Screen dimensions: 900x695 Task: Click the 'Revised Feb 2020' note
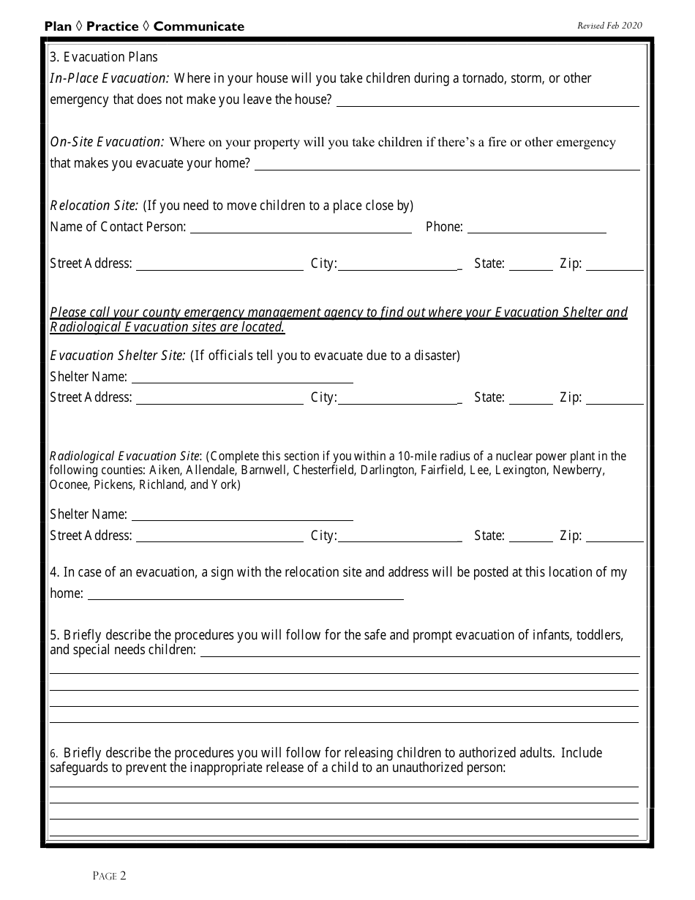click(x=609, y=26)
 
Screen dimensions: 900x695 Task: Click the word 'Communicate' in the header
click(x=198, y=26)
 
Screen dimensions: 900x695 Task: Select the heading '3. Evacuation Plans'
click(x=103, y=57)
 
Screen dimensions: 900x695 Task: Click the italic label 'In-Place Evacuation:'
click(x=110, y=78)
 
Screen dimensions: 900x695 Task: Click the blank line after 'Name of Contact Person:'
click(x=301, y=229)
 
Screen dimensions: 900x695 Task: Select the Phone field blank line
click(x=536, y=229)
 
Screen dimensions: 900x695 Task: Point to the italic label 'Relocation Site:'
click(x=94, y=206)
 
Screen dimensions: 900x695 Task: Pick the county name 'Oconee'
click(x=68, y=484)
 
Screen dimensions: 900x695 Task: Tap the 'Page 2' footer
click(x=110, y=875)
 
